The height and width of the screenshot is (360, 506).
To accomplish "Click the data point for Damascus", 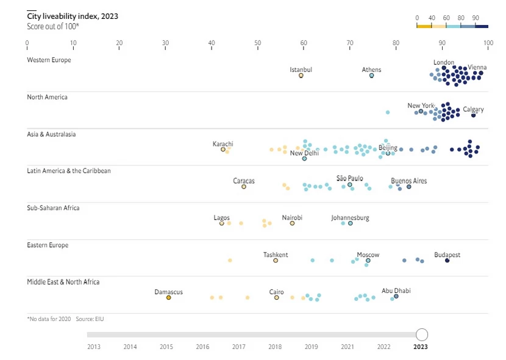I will point(169,298).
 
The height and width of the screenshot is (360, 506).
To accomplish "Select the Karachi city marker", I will point(223,149).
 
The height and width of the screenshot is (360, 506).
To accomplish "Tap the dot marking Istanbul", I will point(301,76).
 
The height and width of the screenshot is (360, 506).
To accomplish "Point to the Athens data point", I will point(371,76).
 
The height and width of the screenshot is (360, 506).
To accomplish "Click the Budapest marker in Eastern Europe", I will point(447,261).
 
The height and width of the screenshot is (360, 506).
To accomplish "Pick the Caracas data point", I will point(244,187).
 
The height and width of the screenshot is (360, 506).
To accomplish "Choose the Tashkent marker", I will point(276,261).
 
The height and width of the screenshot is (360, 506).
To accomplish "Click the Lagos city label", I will point(222,218).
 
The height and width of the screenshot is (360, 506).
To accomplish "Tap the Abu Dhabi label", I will point(396,291).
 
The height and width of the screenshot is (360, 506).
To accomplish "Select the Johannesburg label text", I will point(350,218).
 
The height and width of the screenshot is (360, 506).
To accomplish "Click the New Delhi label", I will point(304,153).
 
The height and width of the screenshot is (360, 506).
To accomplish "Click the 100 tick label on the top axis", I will point(488,43).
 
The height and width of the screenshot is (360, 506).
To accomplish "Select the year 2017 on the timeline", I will point(238,347).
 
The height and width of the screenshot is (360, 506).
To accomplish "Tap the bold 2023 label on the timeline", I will point(421,347).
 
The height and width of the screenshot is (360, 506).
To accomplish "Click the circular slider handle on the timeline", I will point(422,334).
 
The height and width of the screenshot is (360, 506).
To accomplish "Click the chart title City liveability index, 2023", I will point(73,16).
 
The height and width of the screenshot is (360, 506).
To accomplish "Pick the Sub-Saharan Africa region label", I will point(53,208).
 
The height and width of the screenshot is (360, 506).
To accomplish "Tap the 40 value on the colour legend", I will point(432,18).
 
